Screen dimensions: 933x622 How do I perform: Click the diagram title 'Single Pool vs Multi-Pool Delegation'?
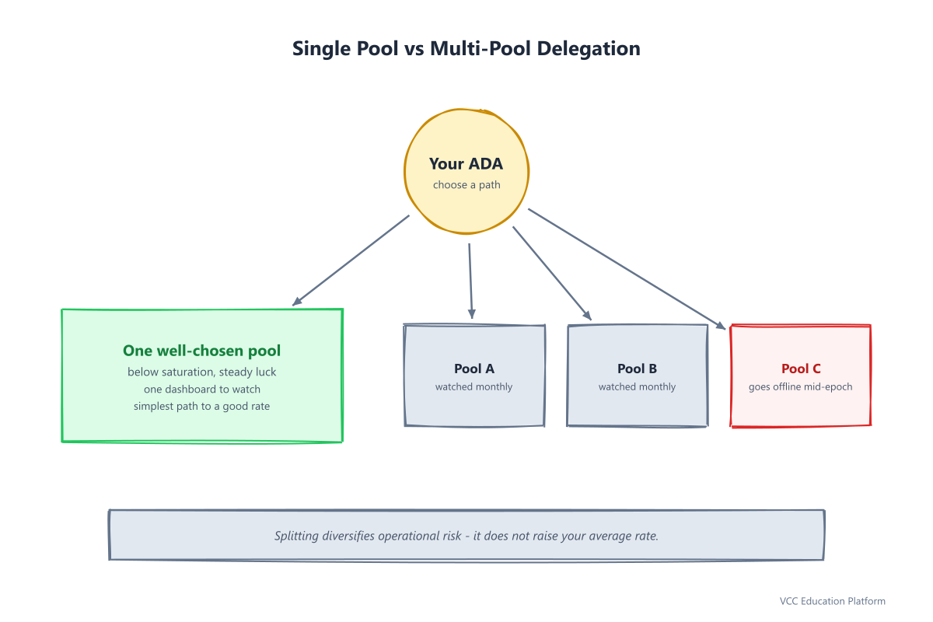(466, 49)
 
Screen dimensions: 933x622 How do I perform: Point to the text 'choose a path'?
(466, 185)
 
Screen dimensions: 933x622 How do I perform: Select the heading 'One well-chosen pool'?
(201, 351)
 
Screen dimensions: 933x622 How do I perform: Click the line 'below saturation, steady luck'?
(201, 372)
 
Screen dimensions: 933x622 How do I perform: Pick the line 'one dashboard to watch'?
(202, 389)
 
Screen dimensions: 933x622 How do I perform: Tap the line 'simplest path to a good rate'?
(201, 406)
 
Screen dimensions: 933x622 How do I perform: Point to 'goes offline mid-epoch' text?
(801, 387)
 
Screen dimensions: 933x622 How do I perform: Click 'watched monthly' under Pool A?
(474, 387)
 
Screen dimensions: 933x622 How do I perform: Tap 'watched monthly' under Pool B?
(638, 387)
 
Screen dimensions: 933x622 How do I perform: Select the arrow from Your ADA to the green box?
(351, 260)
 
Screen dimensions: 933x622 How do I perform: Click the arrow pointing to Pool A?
(470, 281)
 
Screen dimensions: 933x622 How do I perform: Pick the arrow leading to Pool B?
(552, 274)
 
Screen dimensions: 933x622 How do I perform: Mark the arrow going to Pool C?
(627, 269)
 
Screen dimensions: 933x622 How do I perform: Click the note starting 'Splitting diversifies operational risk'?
(466, 536)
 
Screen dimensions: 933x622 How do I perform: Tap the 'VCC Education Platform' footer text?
(833, 601)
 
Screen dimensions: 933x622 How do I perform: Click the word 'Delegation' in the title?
(589, 49)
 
